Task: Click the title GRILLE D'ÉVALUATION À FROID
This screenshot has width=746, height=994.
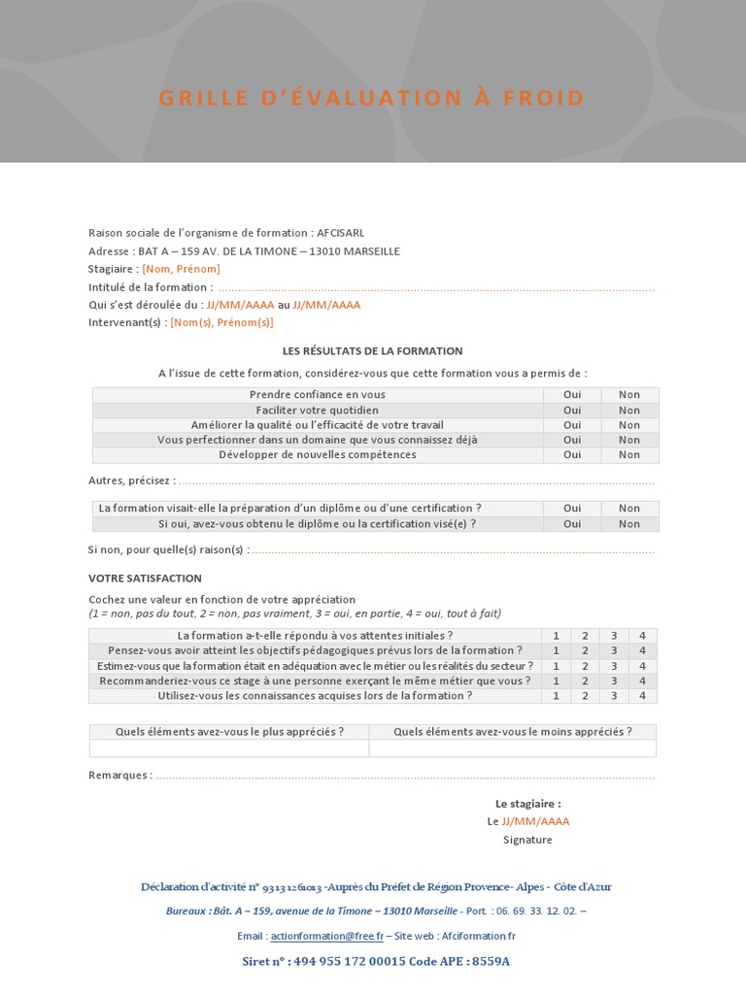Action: [372, 98]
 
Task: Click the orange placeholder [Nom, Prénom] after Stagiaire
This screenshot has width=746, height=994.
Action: [181, 269]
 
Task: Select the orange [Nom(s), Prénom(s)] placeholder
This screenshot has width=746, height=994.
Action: [221, 322]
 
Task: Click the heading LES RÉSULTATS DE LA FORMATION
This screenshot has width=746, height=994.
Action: [372, 350]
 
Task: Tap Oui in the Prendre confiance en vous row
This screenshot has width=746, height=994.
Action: [572, 395]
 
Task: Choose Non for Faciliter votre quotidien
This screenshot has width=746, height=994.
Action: [629, 411]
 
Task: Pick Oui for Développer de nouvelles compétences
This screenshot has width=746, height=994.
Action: [572, 454]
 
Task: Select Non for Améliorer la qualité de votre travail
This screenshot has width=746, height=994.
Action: [629, 425]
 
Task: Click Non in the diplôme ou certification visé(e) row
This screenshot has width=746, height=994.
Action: [629, 524]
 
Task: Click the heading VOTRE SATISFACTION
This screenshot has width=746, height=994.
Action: [145, 579]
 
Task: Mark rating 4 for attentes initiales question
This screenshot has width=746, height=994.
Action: [642, 636]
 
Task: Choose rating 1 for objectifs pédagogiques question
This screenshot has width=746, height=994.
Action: [556, 650]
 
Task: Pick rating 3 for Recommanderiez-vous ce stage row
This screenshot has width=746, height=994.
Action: [613, 681]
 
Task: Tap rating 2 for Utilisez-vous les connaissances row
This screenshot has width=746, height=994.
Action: [585, 696]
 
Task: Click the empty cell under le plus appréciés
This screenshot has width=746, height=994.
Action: [229, 748]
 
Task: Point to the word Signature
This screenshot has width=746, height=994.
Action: [527, 840]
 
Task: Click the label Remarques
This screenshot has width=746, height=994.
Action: [119, 776]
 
